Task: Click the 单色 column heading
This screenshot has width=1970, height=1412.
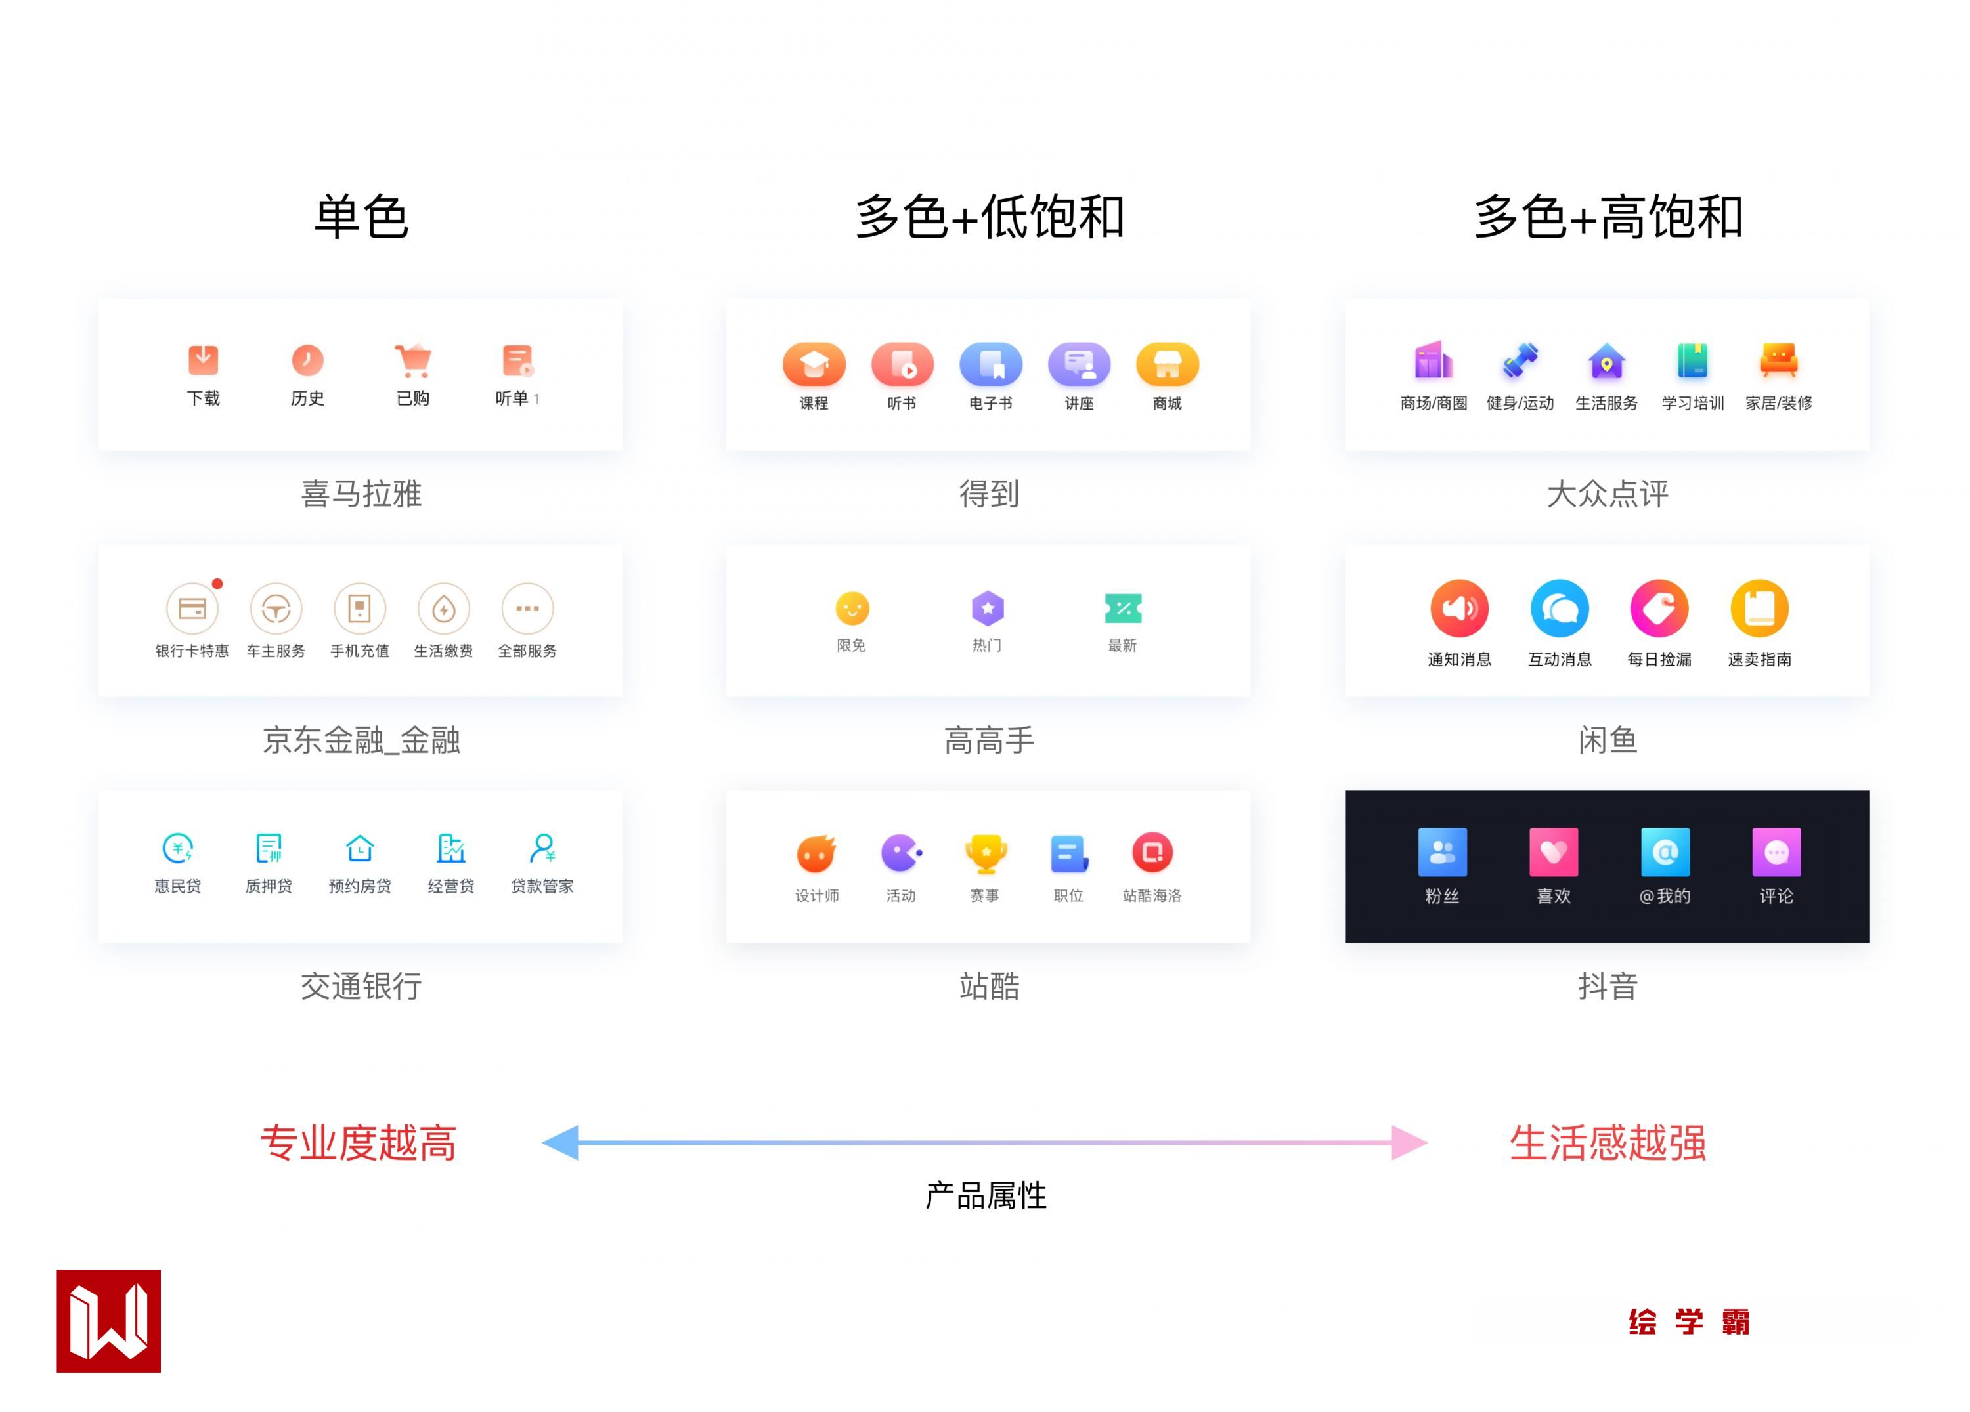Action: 361,217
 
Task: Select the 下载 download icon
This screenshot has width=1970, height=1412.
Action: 204,360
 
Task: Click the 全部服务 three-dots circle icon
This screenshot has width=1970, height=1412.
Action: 527,609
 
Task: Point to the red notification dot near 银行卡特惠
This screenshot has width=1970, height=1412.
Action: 217,584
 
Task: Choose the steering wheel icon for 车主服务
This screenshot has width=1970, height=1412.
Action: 276,609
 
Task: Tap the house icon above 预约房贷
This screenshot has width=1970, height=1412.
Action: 360,847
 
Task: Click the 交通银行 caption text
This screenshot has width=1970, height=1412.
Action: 361,987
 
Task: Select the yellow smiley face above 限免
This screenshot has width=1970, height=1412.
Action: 852,608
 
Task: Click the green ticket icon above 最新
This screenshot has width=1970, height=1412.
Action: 1122,608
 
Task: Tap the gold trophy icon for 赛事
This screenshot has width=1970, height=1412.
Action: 986,853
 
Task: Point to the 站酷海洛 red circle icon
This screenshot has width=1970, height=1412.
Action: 1152,853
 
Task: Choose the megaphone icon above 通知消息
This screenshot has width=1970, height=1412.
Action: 1459,608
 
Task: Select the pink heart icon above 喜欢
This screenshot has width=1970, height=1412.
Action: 1553,852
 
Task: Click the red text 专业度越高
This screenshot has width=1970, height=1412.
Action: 359,1143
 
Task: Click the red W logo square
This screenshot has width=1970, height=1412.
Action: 108,1321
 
